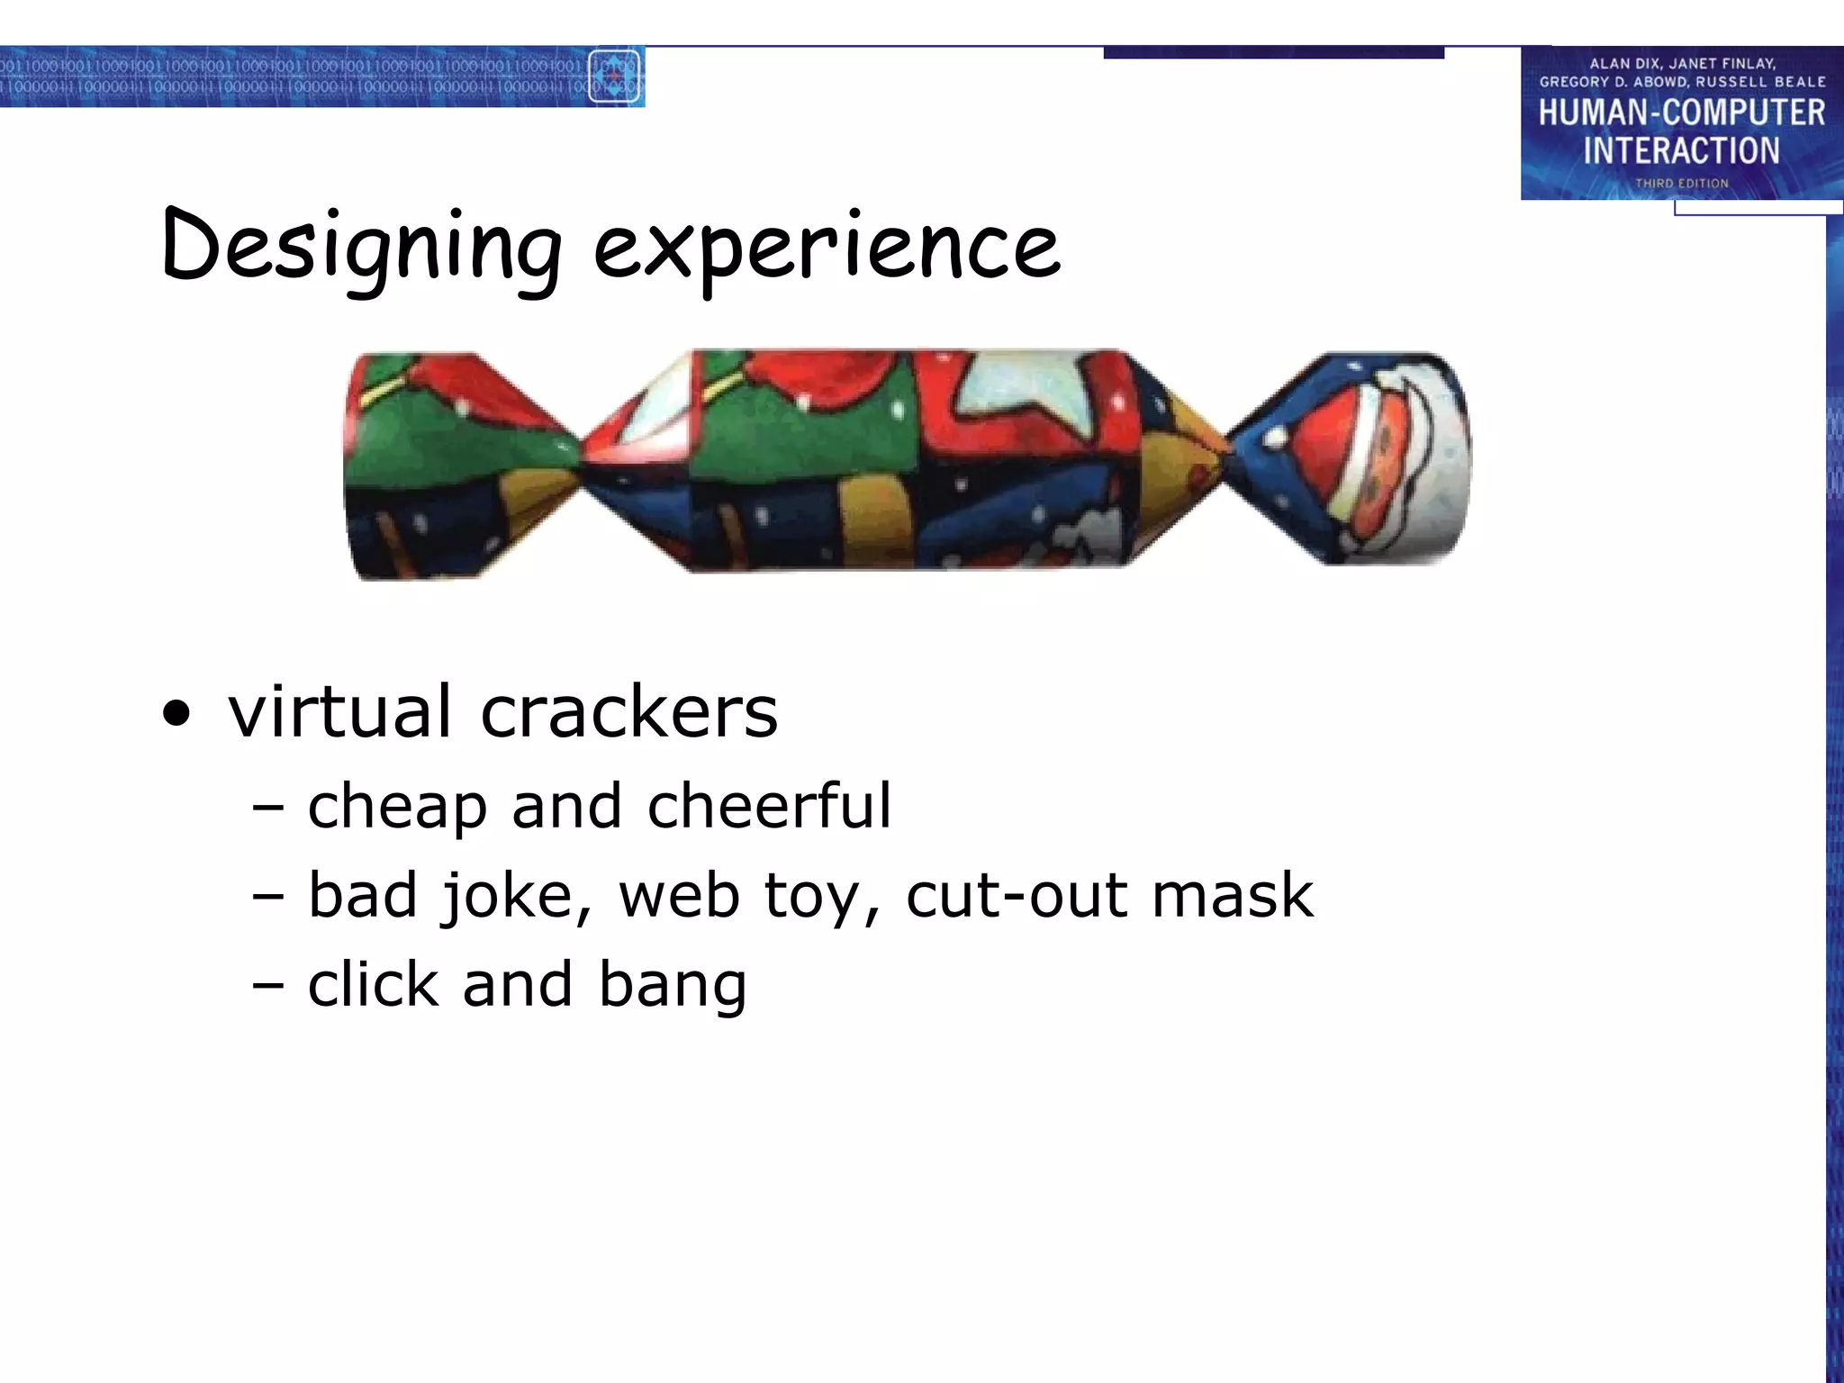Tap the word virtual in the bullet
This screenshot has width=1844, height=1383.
tap(339, 711)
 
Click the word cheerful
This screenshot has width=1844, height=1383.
tap(769, 805)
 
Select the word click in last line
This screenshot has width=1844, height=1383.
tap(372, 983)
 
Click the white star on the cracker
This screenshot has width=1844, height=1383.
tap(1026, 387)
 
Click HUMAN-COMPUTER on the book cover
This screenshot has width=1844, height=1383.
tap(1681, 113)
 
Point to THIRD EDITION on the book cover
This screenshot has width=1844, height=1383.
tap(1681, 184)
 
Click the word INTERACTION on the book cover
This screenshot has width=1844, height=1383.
tap(1681, 150)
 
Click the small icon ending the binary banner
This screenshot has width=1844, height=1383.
tap(615, 77)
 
